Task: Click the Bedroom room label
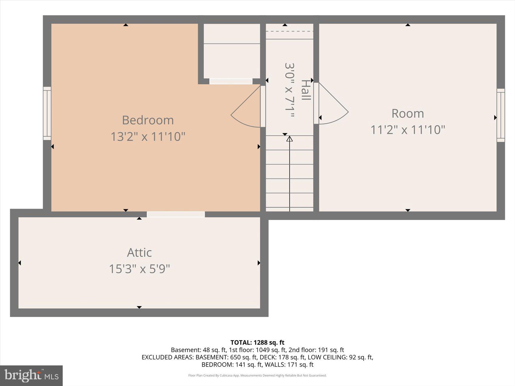point(148,120)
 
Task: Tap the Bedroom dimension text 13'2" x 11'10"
point(148,137)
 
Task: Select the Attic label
point(139,252)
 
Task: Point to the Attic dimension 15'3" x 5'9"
point(139,269)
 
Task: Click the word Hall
point(306,90)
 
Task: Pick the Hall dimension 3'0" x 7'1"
point(289,90)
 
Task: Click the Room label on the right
point(408,114)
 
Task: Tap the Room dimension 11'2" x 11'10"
point(408,130)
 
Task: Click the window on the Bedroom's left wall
point(47,114)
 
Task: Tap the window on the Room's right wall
point(501,115)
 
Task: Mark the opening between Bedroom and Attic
point(176,214)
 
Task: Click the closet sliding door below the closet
point(231,81)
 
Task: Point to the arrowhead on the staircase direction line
point(290,139)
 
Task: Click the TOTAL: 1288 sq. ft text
point(257,342)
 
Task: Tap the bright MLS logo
point(32,376)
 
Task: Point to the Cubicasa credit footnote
point(257,375)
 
